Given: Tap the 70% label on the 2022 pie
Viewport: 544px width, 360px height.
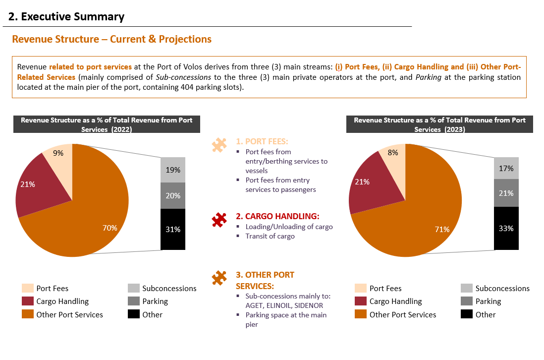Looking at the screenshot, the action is tap(109, 228).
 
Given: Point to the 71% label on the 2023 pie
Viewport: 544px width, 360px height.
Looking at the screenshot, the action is tap(442, 230).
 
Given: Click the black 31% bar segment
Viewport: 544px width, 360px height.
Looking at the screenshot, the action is tap(173, 229).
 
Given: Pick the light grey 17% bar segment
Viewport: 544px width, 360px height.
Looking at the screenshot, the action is tap(506, 169).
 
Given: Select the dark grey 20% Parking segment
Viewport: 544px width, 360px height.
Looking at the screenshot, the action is tap(173, 196).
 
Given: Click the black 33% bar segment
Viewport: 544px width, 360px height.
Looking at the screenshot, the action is tap(506, 229).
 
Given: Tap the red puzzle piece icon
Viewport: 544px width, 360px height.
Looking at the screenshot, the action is tap(219, 220).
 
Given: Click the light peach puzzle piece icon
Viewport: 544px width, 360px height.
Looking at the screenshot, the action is tap(219, 145).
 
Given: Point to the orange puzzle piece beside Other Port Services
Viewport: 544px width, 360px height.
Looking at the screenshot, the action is tap(219, 278).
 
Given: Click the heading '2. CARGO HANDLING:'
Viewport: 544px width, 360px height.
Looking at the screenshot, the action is tap(277, 216).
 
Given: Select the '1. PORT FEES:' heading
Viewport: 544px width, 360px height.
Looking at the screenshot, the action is tap(262, 142).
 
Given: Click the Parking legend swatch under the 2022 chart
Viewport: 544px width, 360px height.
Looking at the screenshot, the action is tap(134, 301).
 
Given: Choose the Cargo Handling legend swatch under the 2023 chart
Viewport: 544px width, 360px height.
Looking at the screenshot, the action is tap(361, 301).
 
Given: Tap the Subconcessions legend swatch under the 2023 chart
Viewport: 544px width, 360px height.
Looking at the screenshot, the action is tap(467, 288).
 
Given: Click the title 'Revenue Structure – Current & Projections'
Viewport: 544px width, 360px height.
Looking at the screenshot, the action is tap(111, 39).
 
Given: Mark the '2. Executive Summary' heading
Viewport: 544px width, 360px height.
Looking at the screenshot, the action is tap(66, 17).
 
